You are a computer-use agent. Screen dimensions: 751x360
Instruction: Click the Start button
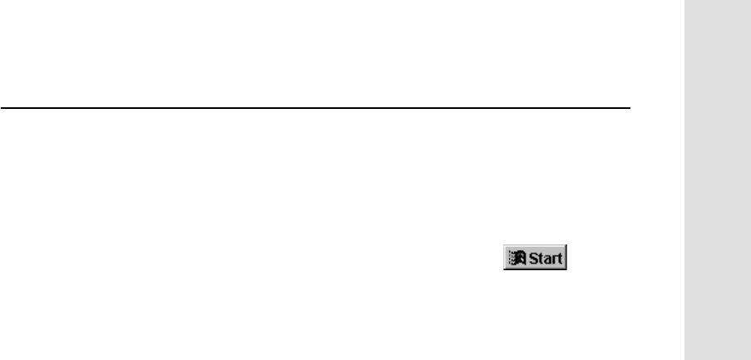[533, 258]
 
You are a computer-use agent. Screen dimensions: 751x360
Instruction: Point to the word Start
[542, 258]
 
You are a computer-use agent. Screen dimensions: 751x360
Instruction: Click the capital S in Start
[527, 258]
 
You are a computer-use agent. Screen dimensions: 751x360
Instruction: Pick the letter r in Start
[549, 259]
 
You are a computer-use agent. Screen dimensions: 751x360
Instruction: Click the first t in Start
[534, 258]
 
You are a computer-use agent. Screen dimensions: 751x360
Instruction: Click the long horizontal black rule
[316, 107]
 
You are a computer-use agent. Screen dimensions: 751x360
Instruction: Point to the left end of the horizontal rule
[2, 107]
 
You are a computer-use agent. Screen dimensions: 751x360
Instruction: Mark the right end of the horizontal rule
[630, 107]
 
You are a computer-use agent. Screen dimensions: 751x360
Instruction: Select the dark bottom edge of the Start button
[533, 269]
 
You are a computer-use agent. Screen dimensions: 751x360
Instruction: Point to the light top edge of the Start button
[533, 247]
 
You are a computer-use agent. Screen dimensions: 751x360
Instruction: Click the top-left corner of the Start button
[501, 247]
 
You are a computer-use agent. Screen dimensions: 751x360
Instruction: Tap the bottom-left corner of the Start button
[501, 269]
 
